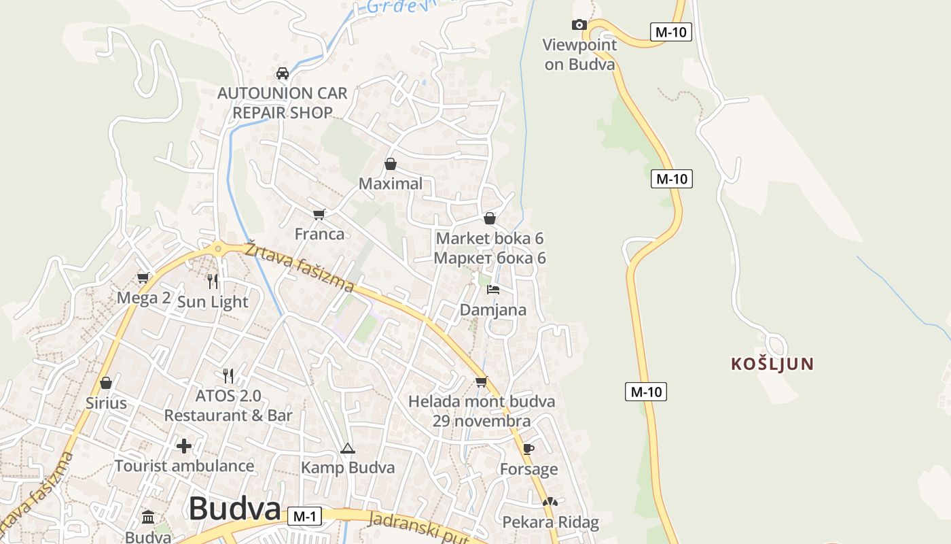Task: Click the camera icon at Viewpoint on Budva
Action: [x=579, y=25]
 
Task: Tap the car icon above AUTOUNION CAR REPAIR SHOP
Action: [x=283, y=73]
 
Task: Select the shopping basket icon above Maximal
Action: [x=391, y=164]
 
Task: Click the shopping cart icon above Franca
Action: [x=319, y=215]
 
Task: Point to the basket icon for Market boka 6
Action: [x=490, y=218]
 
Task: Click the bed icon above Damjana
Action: [x=493, y=290]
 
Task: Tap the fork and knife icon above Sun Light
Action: [x=213, y=282]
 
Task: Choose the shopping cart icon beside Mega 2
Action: [x=143, y=277]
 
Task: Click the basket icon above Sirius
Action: [x=105, y=383]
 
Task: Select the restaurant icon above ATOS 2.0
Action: [x=228, y=375]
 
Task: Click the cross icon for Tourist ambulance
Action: [x=184, y=446]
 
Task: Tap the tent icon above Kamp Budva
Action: [x=348, y=448]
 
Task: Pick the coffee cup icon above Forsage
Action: [x=528, y=449]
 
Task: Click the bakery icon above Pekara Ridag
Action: [x=550, y=503]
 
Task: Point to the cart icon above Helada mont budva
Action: [x=482, y=381]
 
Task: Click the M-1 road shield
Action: [x=304, y=516]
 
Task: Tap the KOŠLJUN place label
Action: [x=772, y=364]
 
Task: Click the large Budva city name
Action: [x=234, y=509]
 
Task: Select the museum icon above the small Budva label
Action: [x=149, y=517]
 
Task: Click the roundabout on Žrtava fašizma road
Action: [x=217, y=250]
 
